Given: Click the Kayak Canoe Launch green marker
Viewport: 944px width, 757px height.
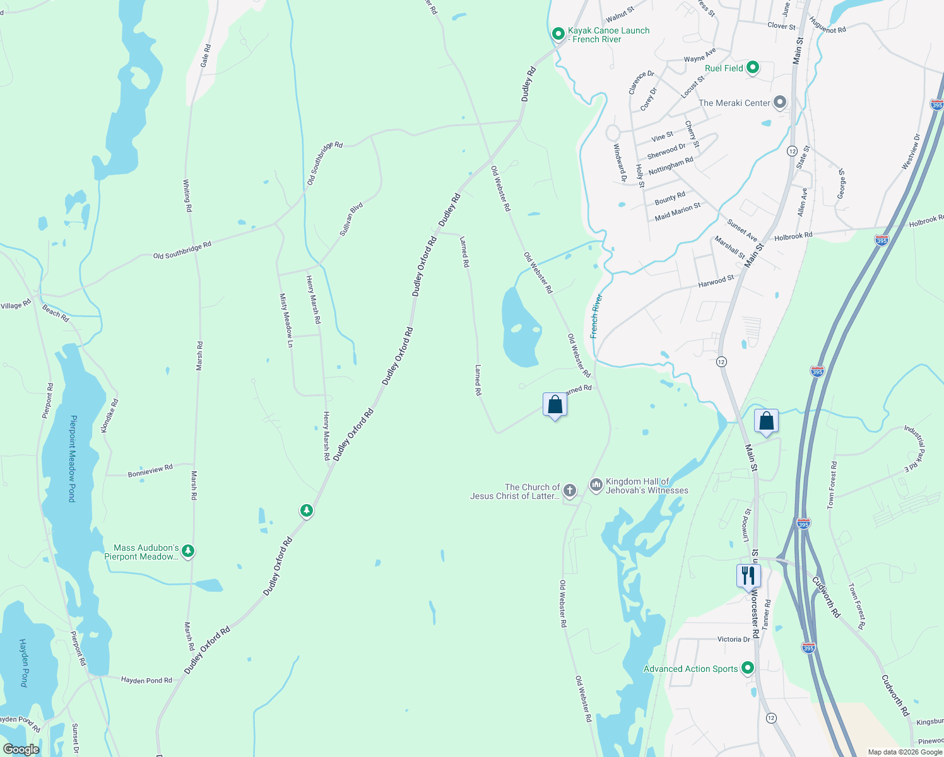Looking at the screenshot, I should pyautogui.click(x=558, y=33).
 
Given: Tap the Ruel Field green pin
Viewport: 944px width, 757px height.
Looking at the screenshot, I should pyautogui.click(x=752, y=67).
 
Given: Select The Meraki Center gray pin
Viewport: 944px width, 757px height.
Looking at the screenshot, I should pyautogui.click(x=780, y=102).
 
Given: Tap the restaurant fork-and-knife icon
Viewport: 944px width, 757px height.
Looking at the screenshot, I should pyautogui.click(x=748, y=575).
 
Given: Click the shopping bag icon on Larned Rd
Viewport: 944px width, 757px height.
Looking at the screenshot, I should pyautogui.click(x=555, y=404).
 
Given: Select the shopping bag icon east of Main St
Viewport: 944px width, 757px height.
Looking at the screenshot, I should pyautogui.click(x=766, y=421).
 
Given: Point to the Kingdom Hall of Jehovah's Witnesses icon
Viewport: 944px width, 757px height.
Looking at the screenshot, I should pyautogui.click(x=596, y=484).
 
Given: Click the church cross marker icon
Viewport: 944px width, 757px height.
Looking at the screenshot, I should pyautogui.click(x=569, y=490).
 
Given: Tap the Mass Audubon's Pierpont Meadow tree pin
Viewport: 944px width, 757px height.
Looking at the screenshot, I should pyautogui.click(x=187, y=551).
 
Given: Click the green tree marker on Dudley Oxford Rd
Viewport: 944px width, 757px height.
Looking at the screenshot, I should pyautogui.click(x=307, y=510).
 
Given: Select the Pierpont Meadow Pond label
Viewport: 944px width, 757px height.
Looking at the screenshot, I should pyautogui.click(x=73, y=459).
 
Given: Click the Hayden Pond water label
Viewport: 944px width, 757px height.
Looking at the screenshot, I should pyautogui.click(x=24, y=662).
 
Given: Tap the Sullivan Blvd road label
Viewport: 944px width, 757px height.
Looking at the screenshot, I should pyautogui.click(x=351, y=220).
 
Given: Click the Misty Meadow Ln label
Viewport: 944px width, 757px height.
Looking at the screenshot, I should pyautogui.click(x=286, y=320).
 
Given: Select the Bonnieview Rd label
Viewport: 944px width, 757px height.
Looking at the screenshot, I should pyautogui.click(x=150, y=471).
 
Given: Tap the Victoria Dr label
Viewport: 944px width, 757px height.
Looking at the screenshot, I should pyautogui.click(x=733, y=639).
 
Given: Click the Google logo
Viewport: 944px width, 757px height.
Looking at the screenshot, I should pyautogui.click(x=21, y=749).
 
